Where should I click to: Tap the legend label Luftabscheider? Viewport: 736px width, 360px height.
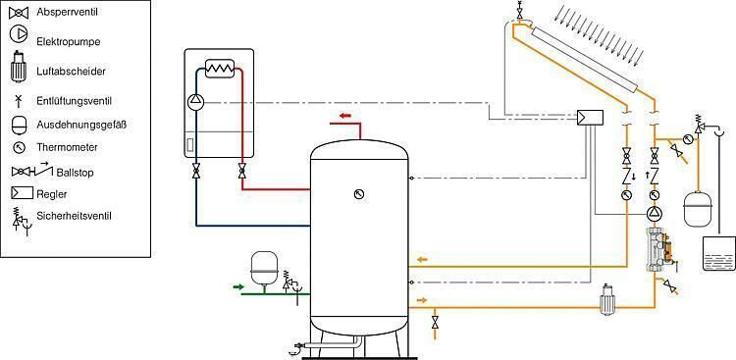71,72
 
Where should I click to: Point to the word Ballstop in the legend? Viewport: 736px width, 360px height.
75,173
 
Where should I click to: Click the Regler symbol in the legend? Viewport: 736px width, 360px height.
22,193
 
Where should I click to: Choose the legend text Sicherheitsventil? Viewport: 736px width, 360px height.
75,216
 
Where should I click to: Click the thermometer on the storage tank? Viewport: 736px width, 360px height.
359,194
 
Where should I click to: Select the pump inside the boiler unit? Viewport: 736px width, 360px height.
195,100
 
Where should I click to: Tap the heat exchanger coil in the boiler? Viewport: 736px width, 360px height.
220,69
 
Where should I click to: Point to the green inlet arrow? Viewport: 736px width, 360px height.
238,286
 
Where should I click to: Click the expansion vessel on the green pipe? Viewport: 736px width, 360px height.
264,269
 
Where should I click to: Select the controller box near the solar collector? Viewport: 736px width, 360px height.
591,118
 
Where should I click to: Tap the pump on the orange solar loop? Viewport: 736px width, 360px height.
654,214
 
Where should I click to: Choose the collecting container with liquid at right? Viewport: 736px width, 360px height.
718,253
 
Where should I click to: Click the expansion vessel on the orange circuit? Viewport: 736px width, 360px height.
698,206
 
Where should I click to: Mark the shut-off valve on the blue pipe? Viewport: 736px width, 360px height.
195,171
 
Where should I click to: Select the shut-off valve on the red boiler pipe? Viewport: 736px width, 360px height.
241,171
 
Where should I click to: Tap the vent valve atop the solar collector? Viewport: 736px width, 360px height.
519,11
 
